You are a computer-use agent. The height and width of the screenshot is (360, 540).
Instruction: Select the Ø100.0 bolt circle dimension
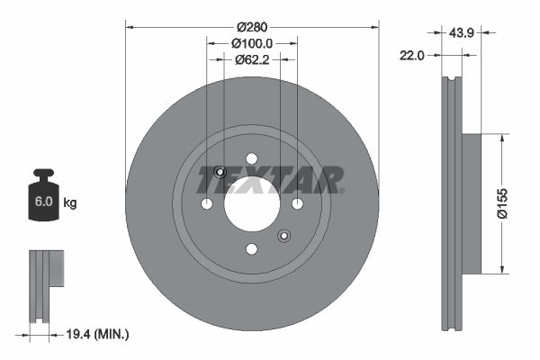click(251, 42)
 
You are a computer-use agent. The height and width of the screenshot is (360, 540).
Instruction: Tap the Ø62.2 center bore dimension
click(252, 60)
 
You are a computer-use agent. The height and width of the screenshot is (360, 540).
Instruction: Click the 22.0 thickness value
click(411, 55)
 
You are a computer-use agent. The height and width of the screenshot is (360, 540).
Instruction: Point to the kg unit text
click(70, 203)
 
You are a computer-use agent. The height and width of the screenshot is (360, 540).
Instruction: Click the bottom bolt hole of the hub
click(252, 248)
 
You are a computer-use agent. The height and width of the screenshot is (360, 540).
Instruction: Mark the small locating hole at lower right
click(283, 236)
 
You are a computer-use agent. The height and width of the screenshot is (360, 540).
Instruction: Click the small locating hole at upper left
click(220, 172)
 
